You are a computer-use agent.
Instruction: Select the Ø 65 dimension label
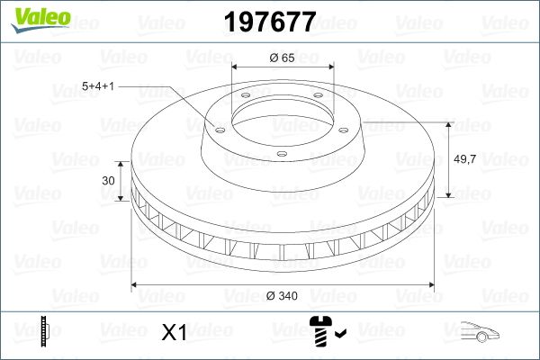[x=283, y=57]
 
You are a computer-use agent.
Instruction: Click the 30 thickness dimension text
[x=109, y=181]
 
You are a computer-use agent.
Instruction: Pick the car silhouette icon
[x=479, y=333]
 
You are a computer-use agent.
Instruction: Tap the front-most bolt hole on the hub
[x=281, y=155]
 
